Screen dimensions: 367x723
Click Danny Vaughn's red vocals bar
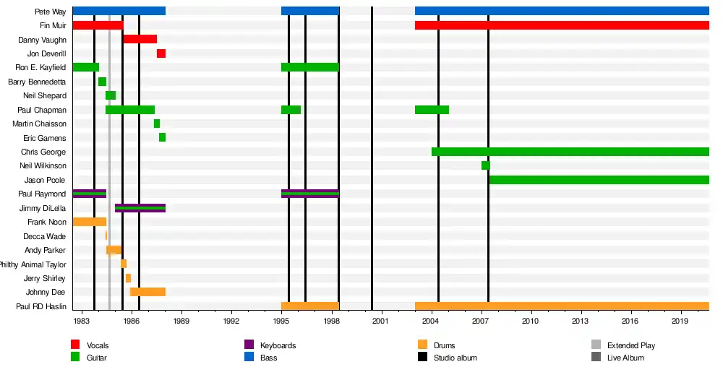pyautogui.click(x=140, y=39)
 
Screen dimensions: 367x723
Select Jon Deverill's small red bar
pyautogui.click(x=161, y=53)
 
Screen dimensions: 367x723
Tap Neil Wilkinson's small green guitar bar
pyautogui.click(x=486, y=165)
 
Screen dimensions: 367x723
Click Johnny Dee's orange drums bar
pyautogui.click(x=147, y=292)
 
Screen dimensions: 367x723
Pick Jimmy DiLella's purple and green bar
pyautogui.click(x=140, y=208)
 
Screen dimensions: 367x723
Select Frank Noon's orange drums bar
pyautogui.click(x=90, y=222)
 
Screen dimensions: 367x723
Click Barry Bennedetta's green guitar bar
pyautogui.click(x=103, y=82)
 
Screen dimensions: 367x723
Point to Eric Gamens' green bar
pyautogui.click(x=163, y=137)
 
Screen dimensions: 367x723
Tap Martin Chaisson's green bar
pyautogui.click(x=157, y=124)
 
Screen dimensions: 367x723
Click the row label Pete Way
pyautogui.click(x=50, y=12)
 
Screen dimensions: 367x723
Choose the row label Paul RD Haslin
pyautogui.click(x=41, y=306)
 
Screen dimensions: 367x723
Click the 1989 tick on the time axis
pyautogui.click(x=181, y=320)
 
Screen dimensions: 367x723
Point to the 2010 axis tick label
pyautogui.click(x=531, y=320)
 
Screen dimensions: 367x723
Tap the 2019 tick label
pyautogui.click(x=680, y=320)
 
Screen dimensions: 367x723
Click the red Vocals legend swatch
pyautogui.click(x=75, y=345)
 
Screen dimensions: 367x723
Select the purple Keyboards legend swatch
pyautogui.click(x=249, y=345)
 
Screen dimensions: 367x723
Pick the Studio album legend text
pyautogui.click(x=455, y=358)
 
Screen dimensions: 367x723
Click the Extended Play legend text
pyautogui.click(x=631, y=345)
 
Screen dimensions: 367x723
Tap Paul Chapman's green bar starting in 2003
pyautogui.click(x=432, y=110)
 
